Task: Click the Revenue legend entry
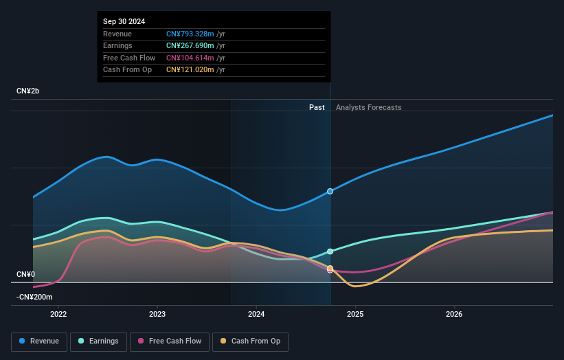click(x=39, y=341)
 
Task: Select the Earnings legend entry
click(x=98, y=341)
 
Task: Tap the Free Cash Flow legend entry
click(x=169, y=341)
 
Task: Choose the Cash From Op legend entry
click(x=251, y=341)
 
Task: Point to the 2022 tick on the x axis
click(x=58, y=315)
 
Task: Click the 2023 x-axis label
click(x=157, y=315)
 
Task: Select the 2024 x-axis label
click(x=256, y=315)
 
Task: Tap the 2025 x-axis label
click(x=355, y=315)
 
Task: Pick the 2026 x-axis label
click(x=454, y=315)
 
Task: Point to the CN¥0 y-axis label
click(x=26, y=274)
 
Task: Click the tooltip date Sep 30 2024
click(x=124, y=22)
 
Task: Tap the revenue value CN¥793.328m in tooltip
click(x=190, y=34)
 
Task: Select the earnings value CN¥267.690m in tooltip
click(x=190, y=46)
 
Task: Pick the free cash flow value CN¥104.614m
click(x=190, y=58)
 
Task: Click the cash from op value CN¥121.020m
click(x=190, y=69)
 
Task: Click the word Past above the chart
click(x=317, y=107)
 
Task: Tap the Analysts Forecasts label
click(x=368, y=107)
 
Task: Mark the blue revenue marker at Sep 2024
click(x=330, y=191)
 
